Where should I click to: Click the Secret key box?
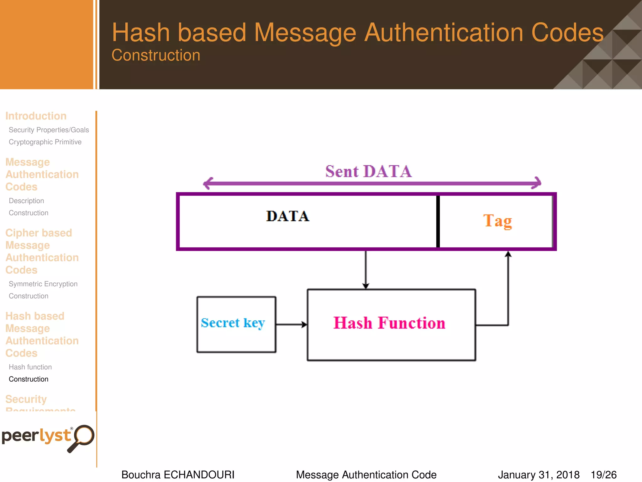point(236,324)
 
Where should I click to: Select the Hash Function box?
point(391,324)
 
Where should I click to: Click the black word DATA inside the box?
point(287,216)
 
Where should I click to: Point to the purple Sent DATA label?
point(368,172)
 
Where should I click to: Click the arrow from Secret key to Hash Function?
point(291,324)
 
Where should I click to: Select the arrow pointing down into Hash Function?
point(366,270)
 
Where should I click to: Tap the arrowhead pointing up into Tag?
point(508,254)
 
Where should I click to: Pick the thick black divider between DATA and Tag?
point(438,221)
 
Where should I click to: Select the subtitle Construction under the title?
point(156,55)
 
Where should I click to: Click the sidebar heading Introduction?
point(36,116)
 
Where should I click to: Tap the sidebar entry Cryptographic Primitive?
point(45,142)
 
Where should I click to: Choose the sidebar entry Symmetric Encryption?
point(43,284)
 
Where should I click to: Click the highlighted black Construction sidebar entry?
point(29,379)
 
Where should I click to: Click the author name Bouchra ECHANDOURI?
point(178,474)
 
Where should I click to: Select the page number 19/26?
point(603,474)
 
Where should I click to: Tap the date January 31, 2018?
point(538,474)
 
